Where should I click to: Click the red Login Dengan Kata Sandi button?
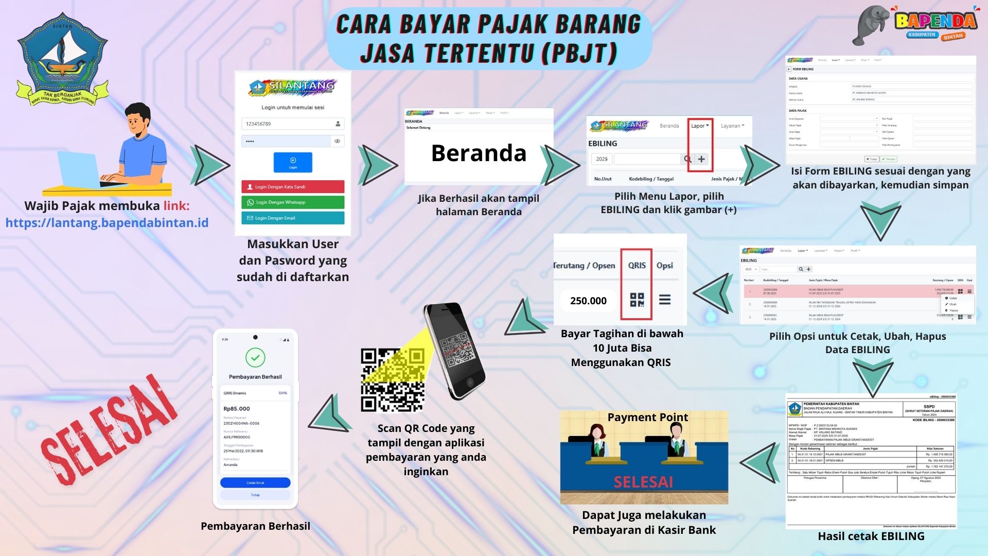pyautogui.click(x=292, y=187)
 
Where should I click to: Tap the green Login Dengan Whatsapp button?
pyautogui.click(x=292, y=202)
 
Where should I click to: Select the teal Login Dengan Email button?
pyautogui.click(x=292, y=218)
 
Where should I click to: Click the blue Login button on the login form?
pyautogui.click(x=293, y=162)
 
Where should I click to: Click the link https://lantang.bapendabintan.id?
pyautogui.click(x=107, y=223)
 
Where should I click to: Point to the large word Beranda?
pyautogui.click(x=479, y=153)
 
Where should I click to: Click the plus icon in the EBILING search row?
pyautogui.click(x=701, y=159)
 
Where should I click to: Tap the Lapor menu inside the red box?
pyautogui.click(x=699, y=126)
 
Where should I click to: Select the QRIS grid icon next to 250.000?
pyautogui.click(x=637, y=300)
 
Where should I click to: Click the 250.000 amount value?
pyautogui.click(x=588, y=301)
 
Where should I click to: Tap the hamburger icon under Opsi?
pyautogui.click(x=665, y=300)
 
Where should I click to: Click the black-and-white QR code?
pyautogui.click(x=392, y=380)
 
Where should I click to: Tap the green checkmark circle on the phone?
pyautogui.click(x=255, y=357)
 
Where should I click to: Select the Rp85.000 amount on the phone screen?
pyautogui.click(x=237, y=409)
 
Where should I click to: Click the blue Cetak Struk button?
pyautogui.click(x=255, y=483)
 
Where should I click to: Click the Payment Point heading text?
pyautogui.click(x=647, y=417)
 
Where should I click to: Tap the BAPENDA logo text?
pyautogui.click(x=936, y=21)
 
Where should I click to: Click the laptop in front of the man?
pyautogui.click(x=80, y=170)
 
